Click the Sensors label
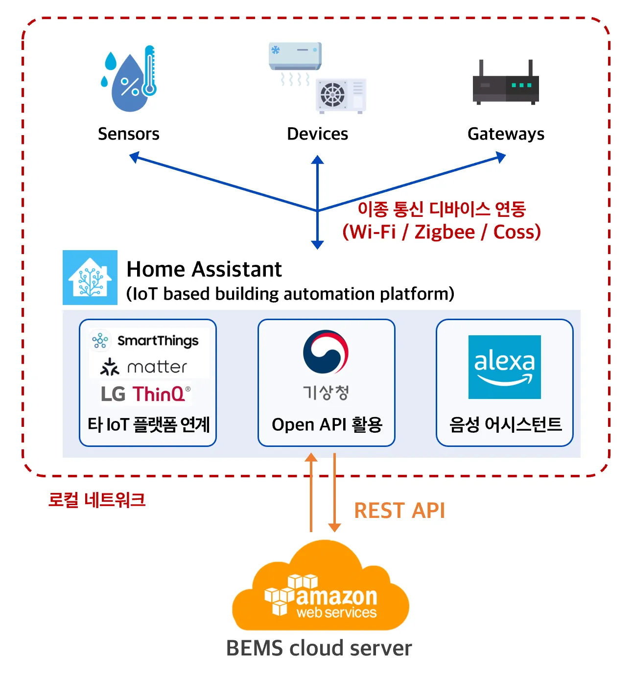tap(129, 134)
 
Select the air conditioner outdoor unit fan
tap(332, 94)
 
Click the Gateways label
tap(506, 134)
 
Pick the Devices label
tap(317, 134)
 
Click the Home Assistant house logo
tap(90, 278)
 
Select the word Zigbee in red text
tap(445, 232)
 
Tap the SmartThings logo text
tap(158, 341)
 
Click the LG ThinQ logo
tap(145, 394)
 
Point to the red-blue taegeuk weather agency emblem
tap(326, 352)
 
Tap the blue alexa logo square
tap(504, 367)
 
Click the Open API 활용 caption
tap(327, 424)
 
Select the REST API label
tap(399, 511)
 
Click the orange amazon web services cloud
tap(321, 587)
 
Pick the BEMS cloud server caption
tap(319, 648)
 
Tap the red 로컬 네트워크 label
tap(97, 500)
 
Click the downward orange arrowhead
tap(334, 527)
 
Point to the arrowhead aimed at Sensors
tap(134, 157)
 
